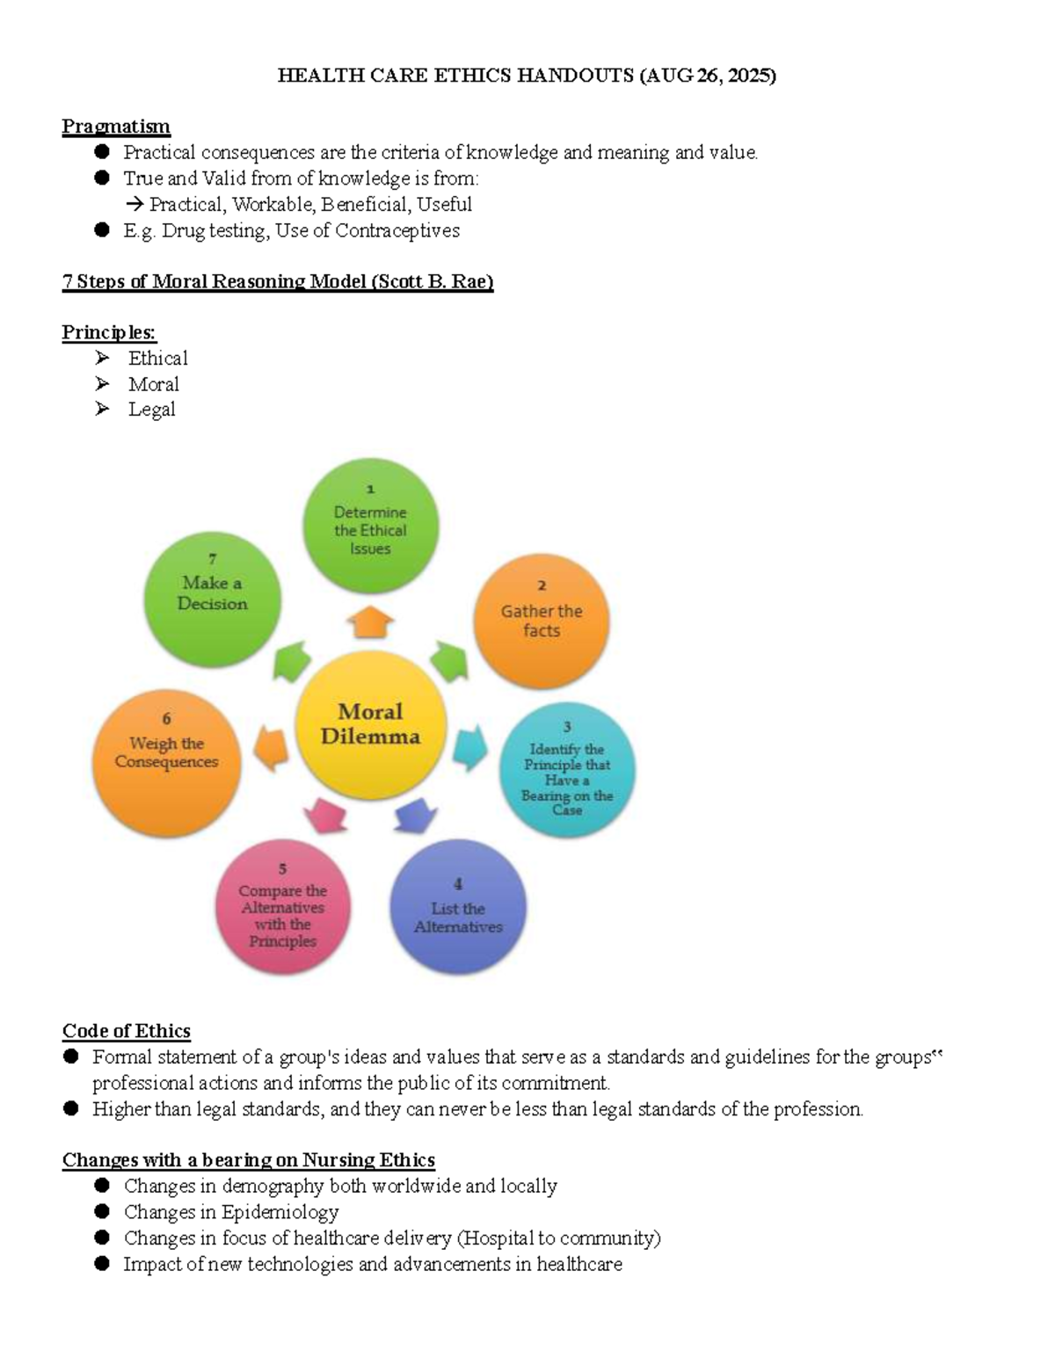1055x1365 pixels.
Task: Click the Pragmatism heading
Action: click(x=116, y=127)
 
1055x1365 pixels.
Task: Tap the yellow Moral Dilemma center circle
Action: click(x=371, y=725)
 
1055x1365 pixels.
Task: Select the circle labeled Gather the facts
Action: click(x=541, y=621)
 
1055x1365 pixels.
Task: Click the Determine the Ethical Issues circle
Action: click(x=371, y=525)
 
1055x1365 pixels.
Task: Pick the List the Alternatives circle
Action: click(x=458, y=906)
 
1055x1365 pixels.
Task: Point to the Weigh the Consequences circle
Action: click(x=166, y=763)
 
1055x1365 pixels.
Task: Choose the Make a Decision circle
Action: click(x=213, y=599)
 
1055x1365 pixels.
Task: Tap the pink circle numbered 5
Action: click(x=283, y=906)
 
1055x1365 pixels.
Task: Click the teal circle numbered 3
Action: click(x=567, y=769)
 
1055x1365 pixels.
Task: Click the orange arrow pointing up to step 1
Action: click(x=371, y=622)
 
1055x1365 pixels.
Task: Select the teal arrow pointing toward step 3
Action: click(x=470, y=747)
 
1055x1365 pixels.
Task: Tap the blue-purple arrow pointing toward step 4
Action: click(x=416, y=816)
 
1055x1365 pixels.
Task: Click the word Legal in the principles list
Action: click(x=151, y=410)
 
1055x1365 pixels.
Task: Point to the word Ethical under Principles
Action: click(x=157, y=358)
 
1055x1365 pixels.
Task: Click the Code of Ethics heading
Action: click(x=127, y=1031)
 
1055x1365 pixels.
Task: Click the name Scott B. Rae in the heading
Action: click(x=433, y=280)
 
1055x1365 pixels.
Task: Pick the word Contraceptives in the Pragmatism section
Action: click(x=397, y=230)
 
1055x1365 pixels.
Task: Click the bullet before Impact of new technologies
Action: click(x=102, y=1263)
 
